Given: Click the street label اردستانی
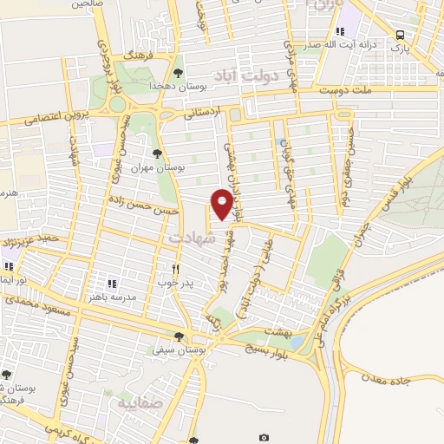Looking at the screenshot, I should point(204,112).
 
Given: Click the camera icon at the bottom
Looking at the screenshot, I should point(264,437).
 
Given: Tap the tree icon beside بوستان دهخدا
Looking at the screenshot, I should point(178,73).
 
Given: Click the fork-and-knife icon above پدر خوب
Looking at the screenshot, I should point(176,269).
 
